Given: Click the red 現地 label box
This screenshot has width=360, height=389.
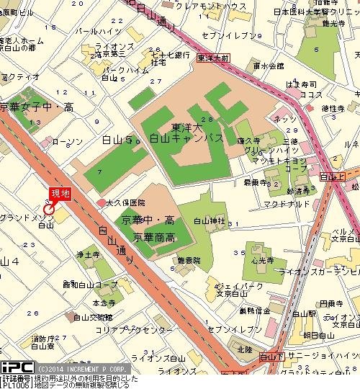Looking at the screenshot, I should click(59, 193).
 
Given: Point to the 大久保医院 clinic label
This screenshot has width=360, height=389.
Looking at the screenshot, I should click(124, 204).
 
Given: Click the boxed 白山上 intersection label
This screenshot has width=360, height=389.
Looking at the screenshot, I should click(332, 176).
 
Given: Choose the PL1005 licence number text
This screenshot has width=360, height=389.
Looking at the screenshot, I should click(15, 385).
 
